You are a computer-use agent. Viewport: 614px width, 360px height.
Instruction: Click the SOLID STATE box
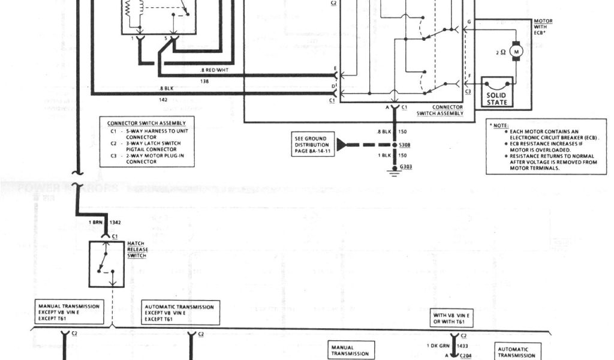pyautogui.click(x=496, y=98)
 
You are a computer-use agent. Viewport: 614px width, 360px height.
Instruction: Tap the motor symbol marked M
pyautogui.click(x=516, y=52)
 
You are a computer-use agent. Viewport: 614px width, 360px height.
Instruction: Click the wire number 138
pyautogui.click(x=204, y=80)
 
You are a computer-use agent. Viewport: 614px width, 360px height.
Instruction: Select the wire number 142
pyautogui.click(x=162, y=101)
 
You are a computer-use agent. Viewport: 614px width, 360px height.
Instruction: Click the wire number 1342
pyautogui.click(x=116, y=223)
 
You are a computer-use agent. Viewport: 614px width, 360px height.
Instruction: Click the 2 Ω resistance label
pyautogui.click(x=501, y=53)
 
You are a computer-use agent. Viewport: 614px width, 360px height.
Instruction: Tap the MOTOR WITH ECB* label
pyautogui.click(x=543, y=28)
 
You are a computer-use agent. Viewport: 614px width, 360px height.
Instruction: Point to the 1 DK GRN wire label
pyautogui.click(x=437, y=346)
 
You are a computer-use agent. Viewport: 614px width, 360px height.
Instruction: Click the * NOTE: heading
pyautogui.click(x=499, y=125)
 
